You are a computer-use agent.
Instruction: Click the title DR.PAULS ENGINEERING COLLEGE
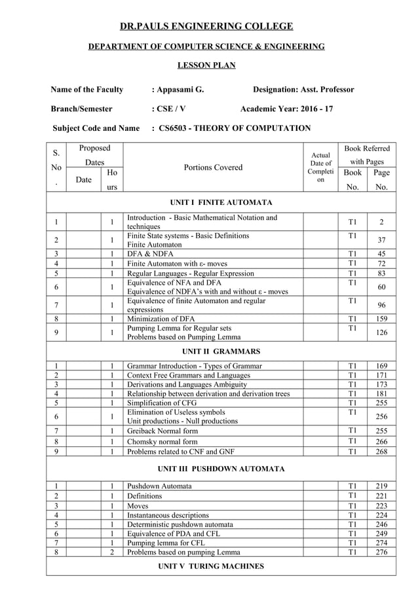206,26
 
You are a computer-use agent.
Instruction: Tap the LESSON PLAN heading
206,65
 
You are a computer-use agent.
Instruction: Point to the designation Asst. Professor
326,90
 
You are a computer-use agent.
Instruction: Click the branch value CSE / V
171,109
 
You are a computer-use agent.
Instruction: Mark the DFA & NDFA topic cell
149,254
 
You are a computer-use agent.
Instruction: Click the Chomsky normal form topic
162,442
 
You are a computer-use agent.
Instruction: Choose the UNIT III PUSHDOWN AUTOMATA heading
221,469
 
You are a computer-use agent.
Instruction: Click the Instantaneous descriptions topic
168,515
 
